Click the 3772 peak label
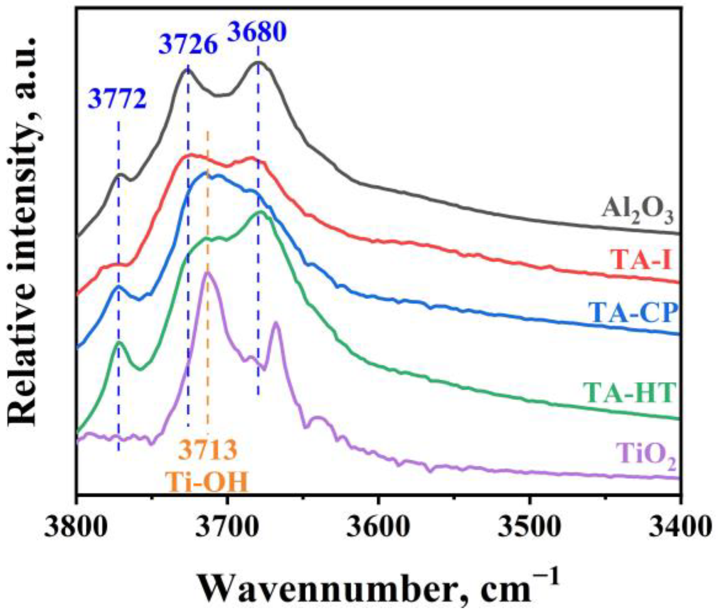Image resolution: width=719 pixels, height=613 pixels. point(117,99)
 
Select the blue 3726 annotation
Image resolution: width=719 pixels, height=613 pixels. point(188,45)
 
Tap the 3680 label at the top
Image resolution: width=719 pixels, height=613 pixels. point(256,32)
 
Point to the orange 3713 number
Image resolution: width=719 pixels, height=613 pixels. point(208,450)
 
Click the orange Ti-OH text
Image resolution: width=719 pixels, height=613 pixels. point(207,482)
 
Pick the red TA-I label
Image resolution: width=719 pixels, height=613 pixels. point(641,260)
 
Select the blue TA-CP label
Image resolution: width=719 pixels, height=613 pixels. point(632,313)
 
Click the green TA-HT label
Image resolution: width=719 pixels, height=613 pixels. point(629,392)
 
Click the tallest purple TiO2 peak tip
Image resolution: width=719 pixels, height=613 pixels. point(208,272)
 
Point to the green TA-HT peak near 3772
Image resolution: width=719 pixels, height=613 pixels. point(119,342)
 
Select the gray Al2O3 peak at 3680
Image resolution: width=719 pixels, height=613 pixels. point(259,62)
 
